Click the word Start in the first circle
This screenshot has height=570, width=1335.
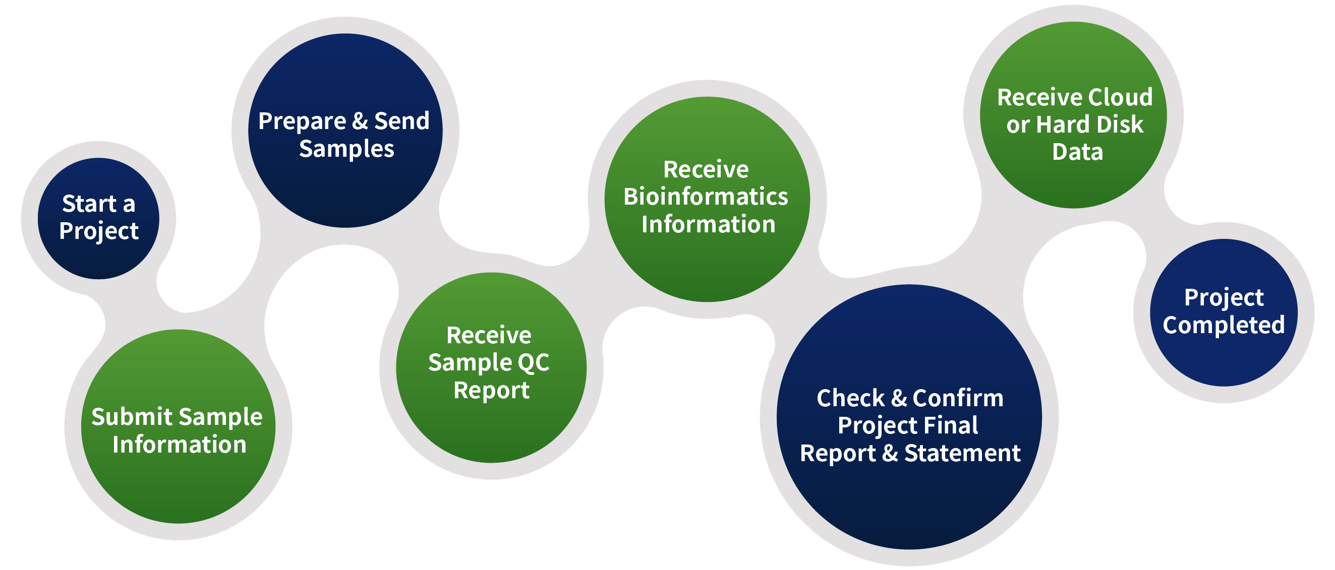[x=89, y=204]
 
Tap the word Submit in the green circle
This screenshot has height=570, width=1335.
[x=132, y=417]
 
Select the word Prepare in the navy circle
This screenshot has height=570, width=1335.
[x=302, y=122]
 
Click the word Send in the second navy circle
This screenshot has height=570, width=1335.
[x=401, y=120]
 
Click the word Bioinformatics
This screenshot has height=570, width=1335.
[x=706, y=197]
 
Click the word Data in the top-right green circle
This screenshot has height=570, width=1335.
[x=1077, y=152]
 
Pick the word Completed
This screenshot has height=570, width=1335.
[x=1224, y=326]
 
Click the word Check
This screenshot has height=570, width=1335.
[x=850, y=398]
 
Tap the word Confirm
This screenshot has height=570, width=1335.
[x=958, y=398]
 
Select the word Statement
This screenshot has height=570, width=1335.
[x=962, y=453]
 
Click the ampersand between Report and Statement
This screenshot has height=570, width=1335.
[x=890, y=453]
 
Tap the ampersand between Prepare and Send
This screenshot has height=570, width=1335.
[x=360, y=121]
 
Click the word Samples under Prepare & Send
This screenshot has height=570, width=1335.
[x=346, y=149]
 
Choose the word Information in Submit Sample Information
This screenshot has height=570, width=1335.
[x=180, y=445]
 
